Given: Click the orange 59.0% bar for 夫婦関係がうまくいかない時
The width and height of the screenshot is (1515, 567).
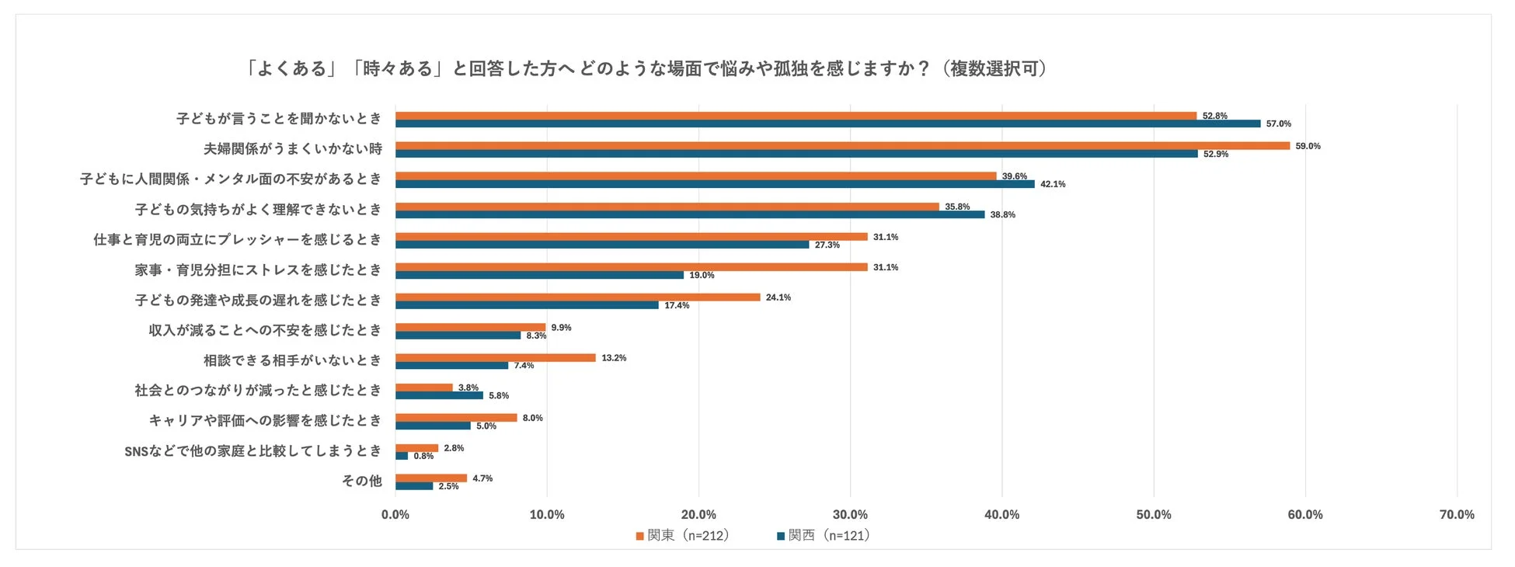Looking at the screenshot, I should [842, 146].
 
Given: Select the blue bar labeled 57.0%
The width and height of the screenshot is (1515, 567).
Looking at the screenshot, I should [827, 123].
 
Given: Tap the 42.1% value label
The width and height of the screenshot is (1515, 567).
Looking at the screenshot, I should [1053, 184].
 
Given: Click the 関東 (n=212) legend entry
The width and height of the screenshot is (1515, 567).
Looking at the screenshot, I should [683, 535].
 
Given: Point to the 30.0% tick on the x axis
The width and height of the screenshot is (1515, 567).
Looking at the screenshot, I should [850, 514].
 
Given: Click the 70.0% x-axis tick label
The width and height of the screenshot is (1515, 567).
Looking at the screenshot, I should [1456, 514].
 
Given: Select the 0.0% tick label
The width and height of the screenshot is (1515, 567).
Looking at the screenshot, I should [395, 514].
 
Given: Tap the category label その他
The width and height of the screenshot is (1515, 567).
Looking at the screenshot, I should [362, 481].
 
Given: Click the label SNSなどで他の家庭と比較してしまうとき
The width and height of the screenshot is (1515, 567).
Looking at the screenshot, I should [253, 450].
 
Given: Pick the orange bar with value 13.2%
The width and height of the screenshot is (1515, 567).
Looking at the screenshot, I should [496, 358].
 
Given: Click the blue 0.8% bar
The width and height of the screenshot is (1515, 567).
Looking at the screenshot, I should [402, 456].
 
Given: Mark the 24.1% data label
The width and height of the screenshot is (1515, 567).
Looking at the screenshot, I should [778, 297].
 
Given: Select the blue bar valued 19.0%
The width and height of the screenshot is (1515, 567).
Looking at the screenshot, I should [539, 275].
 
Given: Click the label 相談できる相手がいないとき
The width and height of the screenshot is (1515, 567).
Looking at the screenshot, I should [293, 360].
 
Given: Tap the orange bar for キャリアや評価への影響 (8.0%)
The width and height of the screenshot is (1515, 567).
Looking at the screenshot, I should [456, 418].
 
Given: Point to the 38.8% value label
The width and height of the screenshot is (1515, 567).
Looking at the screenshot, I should [1002, 214].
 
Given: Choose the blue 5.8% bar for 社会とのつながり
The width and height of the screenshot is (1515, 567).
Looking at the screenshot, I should [439, 395].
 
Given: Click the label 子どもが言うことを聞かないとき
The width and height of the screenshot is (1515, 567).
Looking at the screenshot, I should [279, 119].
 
